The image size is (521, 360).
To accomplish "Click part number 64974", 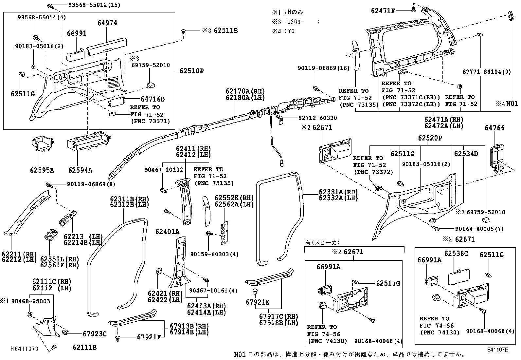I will coord(107,23).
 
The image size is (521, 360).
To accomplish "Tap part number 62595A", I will coord(42,170).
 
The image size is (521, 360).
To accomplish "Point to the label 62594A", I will coord(80,170).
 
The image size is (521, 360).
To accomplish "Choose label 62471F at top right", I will coord(383,11).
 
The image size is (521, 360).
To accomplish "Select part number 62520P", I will coord(430,139).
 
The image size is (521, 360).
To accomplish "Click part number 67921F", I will coord(149,337).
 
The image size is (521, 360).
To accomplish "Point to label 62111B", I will coord(84,348).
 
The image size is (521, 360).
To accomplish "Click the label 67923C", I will coord(95,334).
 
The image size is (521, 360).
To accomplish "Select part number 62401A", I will coord(167,232).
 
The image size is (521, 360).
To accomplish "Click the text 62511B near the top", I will coord(225,31).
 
